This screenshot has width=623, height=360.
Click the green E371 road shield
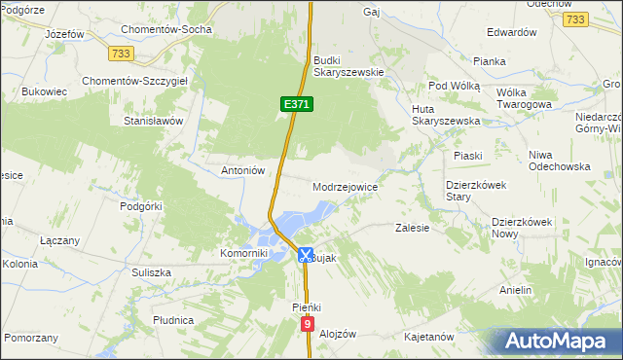pos(296,103)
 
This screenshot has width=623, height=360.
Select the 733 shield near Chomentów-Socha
pos(121,52)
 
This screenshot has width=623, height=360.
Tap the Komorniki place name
pos(243,253)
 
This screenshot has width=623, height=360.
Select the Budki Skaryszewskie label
pos(349,65)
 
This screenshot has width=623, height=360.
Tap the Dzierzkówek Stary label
pos(472,190)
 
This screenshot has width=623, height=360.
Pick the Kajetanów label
pos(429,337)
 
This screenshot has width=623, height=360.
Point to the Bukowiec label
pos(44,92)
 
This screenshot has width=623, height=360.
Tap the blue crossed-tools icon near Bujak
pos(305,256)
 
